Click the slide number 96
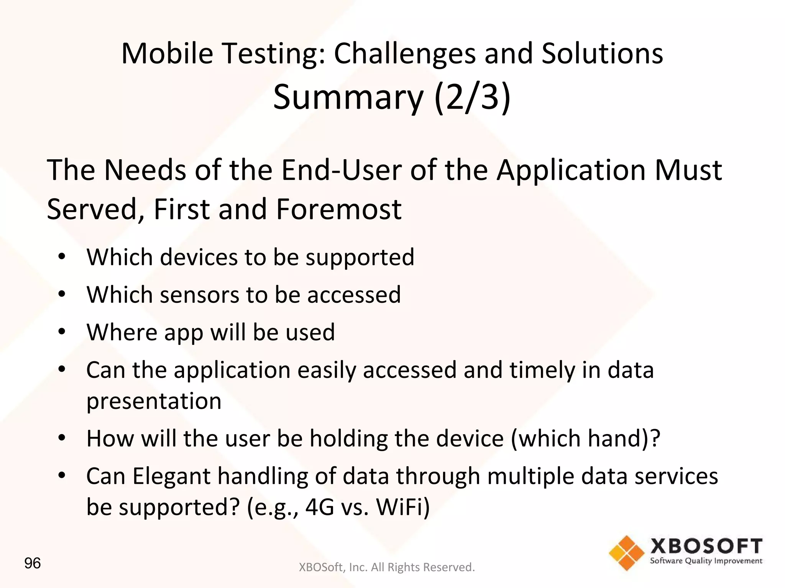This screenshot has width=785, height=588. point(32,563)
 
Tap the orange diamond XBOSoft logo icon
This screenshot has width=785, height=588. point(627,553)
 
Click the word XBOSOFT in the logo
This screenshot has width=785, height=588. point(706,546)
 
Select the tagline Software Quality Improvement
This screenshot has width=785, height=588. point(706,561)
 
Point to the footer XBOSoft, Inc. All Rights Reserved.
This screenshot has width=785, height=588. point(386,567)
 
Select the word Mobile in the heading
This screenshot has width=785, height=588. point(167,54)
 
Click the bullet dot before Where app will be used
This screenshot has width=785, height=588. point(62,332)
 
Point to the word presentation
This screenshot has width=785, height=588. point(154,401)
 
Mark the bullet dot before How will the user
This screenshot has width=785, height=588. point(62,438)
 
